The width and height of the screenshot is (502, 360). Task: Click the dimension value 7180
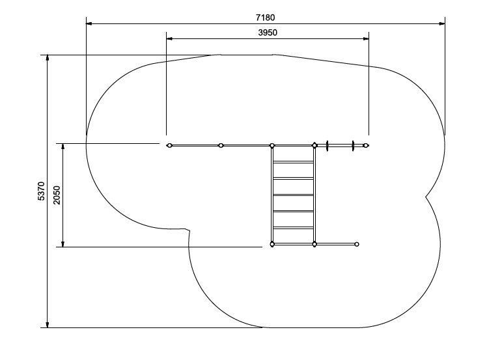(x=265, y=18)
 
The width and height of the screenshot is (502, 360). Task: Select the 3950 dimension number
(x=268, y=33)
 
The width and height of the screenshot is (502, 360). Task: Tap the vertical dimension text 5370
(x=41, y=191)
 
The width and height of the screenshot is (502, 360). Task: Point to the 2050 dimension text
(x=57, y=195)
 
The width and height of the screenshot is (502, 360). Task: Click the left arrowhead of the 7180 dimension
(x=89, y=23)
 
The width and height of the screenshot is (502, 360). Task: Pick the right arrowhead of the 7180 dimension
(x=442, y=23)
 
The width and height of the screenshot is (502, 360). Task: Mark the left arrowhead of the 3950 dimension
(x=169, y=38)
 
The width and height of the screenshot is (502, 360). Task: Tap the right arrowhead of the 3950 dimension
(x=366, y=38)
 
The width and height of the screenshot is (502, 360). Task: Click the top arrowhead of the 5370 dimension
(x=48, y=58)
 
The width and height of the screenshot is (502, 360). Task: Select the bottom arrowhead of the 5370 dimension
(x=48, y=324)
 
